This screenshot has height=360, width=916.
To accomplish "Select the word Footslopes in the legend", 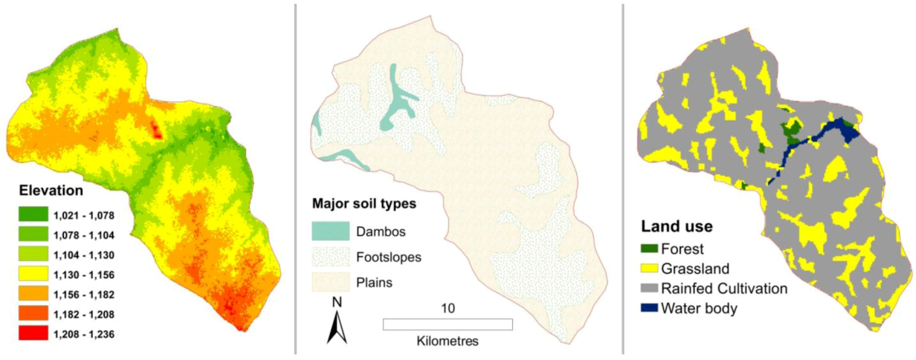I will click(389, 257).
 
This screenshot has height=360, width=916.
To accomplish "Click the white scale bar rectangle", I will click(448, 324).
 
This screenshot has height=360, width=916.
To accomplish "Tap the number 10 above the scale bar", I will click(448, 308).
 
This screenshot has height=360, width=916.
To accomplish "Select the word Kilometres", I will click(448, 341).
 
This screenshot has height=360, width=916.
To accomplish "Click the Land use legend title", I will click(676, 226).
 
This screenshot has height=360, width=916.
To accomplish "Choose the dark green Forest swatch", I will click(649, 249).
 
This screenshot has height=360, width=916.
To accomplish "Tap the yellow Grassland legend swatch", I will click(649, 268).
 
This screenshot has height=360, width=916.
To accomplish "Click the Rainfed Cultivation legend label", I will click(724, 289).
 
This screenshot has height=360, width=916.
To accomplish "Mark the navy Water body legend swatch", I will click(649, 308).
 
